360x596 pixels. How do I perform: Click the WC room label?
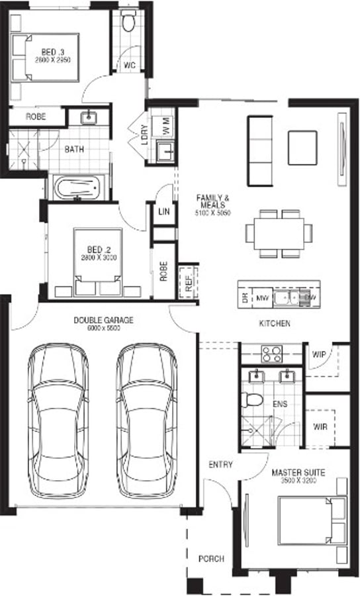[x=130, y=65]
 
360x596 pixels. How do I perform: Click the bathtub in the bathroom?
[x=77, y=187]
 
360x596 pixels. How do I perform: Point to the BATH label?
[x=73, y=149]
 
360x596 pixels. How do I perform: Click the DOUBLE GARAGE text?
[x=103, y=321]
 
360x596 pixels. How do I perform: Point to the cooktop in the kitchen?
[x=271, y=354]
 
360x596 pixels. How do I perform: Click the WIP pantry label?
[x=318, y=354]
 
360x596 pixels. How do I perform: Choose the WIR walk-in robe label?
[x=319, y=427]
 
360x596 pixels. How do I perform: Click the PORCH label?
[x=211, y=559]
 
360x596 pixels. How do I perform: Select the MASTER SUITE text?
[x=297, y=473]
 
